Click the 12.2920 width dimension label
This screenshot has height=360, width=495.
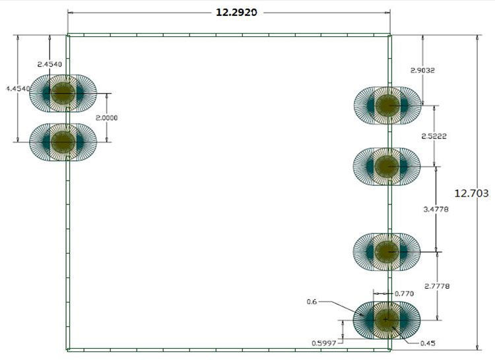click(x=236, y=13)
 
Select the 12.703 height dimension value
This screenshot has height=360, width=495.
click(x=471, y=193)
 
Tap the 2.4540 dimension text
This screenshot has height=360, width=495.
click(x=49, y=64)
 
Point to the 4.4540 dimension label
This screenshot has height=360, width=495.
click(x=18, y=89)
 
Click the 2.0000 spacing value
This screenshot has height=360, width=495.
click(x=107, y=118)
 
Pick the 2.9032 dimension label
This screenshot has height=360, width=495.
click(x=422, y=71)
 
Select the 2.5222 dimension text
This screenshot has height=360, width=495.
click(x=434, y=136)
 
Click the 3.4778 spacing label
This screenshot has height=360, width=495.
click(x=436, y=209)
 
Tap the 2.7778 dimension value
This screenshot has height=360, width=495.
click(x=437, y=286)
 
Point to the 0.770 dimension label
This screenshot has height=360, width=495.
click(x=405, y=293)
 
